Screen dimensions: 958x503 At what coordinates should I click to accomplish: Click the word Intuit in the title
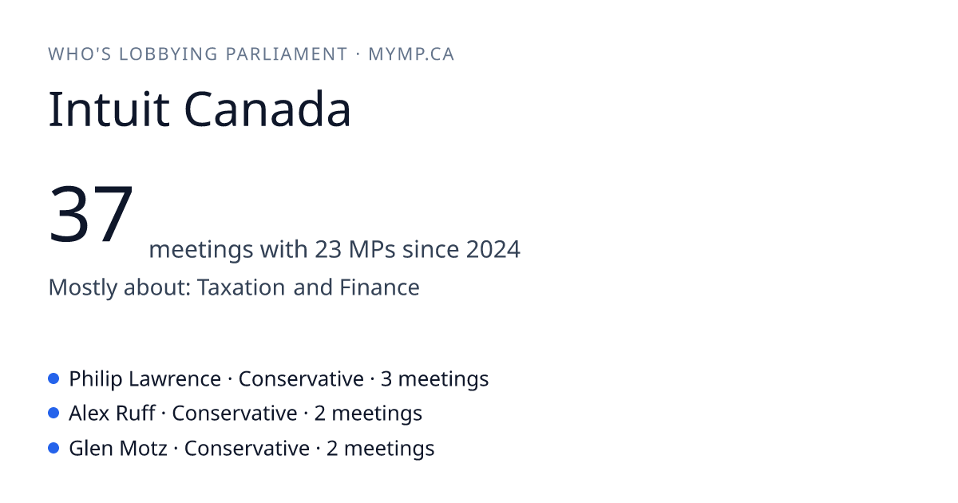coord(109,109)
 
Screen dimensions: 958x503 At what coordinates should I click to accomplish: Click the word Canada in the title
coord(267,109)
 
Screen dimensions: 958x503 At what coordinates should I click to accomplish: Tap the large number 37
coord(91,213)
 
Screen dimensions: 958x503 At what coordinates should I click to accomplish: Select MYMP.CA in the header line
coord(411,54)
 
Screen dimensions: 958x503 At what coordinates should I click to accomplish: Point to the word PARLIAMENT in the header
coord(287,54)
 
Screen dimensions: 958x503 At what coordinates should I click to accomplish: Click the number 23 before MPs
coord(328,249)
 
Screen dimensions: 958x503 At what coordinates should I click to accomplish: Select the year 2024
coord(493,249)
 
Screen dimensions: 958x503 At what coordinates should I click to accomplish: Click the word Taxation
coord(241,287)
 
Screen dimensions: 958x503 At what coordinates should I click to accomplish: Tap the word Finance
coord(379,287)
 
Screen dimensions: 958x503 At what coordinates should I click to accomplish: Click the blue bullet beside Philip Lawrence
coord(53,378)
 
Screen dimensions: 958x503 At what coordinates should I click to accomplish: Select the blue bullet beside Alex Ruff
coord(53,414)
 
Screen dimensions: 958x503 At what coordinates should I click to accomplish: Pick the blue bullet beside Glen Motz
coord(53,448)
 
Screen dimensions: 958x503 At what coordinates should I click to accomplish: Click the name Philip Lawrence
coord(145,379)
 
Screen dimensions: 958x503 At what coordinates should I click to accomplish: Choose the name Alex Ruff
coord(112,414)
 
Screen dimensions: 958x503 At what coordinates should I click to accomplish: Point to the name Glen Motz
coord(118,448)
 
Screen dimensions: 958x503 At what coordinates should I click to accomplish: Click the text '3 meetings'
coord(434,379)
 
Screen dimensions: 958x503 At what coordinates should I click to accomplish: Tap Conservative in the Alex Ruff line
coord(235,414)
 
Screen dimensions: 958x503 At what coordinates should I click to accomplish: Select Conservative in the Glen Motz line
coord(247,448)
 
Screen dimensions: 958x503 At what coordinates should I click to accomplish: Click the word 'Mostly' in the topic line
coord(82,287)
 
